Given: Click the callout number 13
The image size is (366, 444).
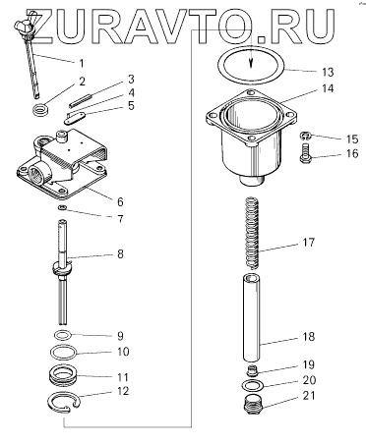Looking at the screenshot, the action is coord(328,72).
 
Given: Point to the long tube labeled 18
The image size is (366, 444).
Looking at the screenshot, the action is coord(252,318).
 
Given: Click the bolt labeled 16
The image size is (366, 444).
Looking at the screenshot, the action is coord(305,153).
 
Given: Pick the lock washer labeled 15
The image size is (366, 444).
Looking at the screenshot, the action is coord(305,136).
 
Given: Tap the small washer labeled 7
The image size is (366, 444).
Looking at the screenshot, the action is coord(62,207).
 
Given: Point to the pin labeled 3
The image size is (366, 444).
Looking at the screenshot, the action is coord(81,100).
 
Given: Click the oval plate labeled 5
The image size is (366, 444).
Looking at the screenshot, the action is coord(75,118).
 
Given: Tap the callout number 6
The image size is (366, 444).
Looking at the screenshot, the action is coord(120,201).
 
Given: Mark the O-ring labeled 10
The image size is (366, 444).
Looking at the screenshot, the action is coord(64,353).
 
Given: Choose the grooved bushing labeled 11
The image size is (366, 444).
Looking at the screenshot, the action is coord(63,374).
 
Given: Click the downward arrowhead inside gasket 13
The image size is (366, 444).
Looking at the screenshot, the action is coord(251,64).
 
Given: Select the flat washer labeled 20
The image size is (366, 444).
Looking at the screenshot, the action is coord(252,386).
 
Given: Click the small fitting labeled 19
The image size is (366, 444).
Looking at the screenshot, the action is coord(252,371).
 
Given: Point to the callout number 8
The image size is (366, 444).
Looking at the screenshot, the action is coord(120,253).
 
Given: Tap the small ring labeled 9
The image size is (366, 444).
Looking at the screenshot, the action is coord(62,335).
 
